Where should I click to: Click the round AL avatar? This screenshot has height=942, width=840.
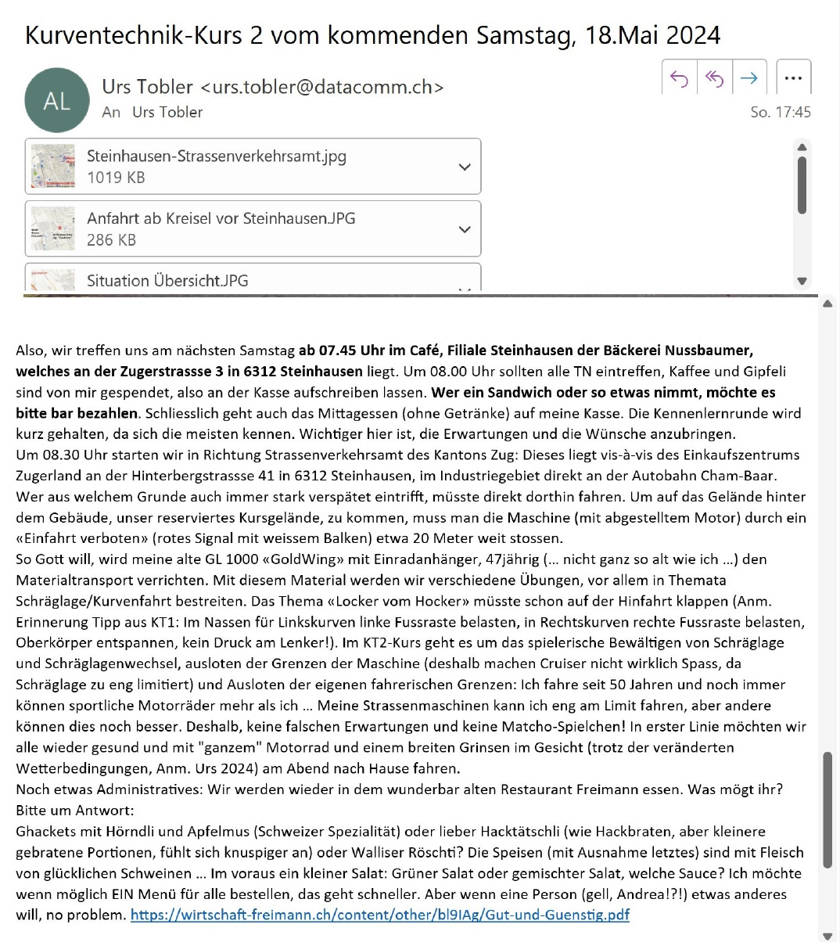[x=57, y=100]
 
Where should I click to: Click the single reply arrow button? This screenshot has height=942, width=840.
[x=679, y=77]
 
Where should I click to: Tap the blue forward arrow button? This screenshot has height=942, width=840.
[x=748, y=77]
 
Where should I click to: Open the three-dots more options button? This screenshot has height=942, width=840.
[x=793, y=77]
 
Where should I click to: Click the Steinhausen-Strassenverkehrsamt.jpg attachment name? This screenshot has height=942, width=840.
[x=216, y=156]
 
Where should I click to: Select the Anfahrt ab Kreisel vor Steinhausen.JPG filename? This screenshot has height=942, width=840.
[x=221, y=218]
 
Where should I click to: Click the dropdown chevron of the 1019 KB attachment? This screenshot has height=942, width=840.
[x=465, y=167]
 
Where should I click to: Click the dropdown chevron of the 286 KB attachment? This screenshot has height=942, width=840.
[x=465, y=229]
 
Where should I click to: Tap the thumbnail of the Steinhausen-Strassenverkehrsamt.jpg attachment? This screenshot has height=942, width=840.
[x=53, y=167]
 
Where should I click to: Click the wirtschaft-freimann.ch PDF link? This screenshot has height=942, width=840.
[x=379, y=915]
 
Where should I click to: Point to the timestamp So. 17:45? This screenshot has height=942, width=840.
[x=780, y=112]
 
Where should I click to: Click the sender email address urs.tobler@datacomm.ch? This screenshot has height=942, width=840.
[x=322, y=87]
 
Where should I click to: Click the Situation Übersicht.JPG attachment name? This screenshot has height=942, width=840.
[x=167, y=281]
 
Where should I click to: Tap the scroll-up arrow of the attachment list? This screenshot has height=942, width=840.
[x=802, y=146]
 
